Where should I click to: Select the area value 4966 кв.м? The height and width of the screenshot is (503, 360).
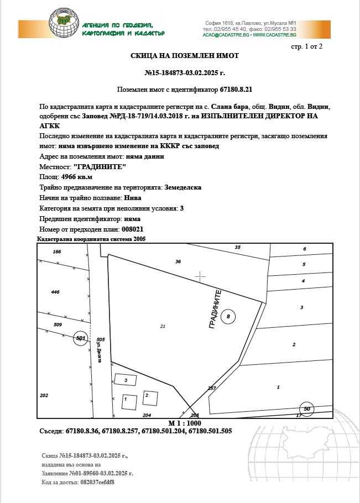(77, 177)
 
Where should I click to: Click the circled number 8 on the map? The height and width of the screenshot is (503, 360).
(228, 317)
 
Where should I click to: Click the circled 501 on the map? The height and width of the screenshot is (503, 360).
(81, 338)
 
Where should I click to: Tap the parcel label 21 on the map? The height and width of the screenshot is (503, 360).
(163, 327)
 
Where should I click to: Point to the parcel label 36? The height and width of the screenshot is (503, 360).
(178, 261)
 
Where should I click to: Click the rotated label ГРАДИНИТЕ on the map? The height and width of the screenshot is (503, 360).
(215, 310)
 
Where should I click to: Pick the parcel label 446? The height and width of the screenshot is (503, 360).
(55, 292)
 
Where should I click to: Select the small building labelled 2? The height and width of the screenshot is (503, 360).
(146, 396)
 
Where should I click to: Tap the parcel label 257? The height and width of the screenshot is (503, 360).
(212, 389)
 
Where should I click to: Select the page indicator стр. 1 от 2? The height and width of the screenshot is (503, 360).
(306, 46)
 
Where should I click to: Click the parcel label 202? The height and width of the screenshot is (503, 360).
(45, 395)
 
